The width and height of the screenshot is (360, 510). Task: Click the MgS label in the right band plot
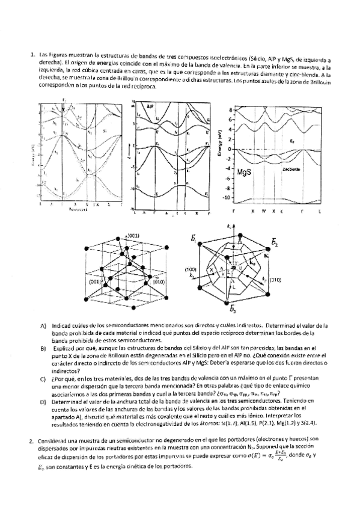tap(246, 171)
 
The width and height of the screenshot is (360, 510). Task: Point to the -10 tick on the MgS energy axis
tap(227, 197)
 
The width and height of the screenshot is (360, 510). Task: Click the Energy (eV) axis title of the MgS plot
tap(221, 144)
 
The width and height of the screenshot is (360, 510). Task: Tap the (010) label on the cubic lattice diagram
tap(159, 281)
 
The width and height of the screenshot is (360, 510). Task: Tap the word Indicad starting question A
tap(63, 325)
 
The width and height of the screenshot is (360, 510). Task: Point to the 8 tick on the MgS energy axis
tap(229, 109)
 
